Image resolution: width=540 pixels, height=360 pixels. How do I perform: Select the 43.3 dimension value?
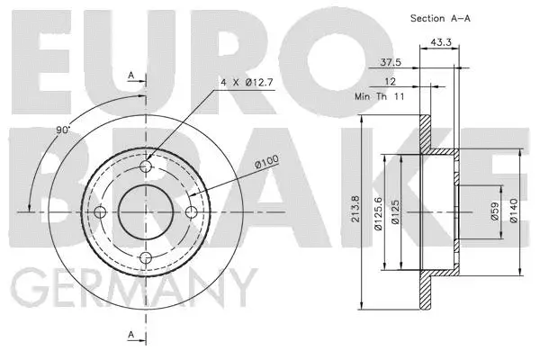click(441, 42)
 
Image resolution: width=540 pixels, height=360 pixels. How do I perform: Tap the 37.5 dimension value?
click(391, 64)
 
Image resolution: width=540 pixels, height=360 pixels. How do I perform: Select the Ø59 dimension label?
click(493, 212)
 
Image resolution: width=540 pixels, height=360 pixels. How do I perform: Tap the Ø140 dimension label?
click(514, 212)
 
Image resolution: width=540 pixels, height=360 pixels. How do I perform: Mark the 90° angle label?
click(62, 131)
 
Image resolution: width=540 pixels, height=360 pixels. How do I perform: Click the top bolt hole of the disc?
click(147, 167)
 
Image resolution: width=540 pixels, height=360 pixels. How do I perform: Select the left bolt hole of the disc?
click(101, 212)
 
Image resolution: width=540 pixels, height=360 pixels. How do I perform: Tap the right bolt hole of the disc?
click(192, 212)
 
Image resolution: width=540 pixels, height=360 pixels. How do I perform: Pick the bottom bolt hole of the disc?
click(147, 258)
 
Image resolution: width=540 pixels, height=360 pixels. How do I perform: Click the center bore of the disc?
click(147, 212)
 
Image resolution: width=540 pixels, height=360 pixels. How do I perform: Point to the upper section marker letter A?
click(131, 76)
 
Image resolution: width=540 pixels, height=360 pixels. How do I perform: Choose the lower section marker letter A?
click(131, 336)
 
